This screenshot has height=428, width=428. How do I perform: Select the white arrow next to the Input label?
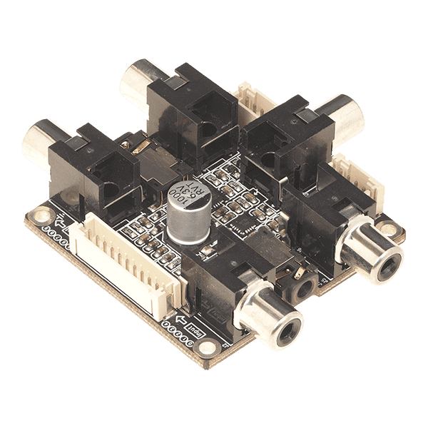point(180,318)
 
